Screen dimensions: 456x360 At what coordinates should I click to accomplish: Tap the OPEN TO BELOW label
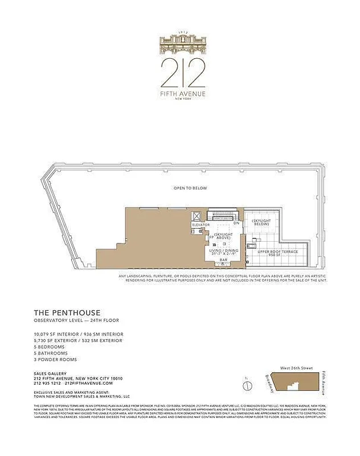click(191, 188)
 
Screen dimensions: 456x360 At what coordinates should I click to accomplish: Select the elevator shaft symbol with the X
click(197, 217)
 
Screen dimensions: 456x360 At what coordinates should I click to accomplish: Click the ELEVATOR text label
click(201, 225)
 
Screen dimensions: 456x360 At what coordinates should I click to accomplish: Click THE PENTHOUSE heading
click(67, 312)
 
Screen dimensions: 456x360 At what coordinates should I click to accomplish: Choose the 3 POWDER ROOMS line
click(55, 360)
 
